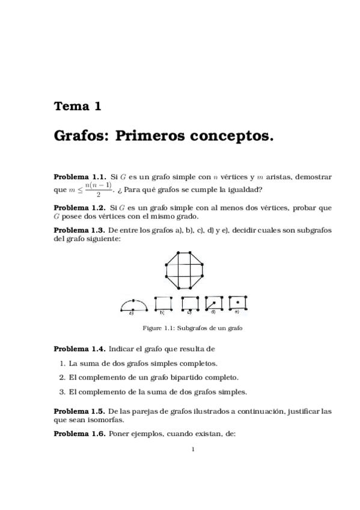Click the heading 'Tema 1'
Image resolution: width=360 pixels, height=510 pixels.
(78, 107)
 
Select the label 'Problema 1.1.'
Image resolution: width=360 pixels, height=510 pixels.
(80, 177)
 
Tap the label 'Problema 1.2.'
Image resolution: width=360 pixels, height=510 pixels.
(80, 208)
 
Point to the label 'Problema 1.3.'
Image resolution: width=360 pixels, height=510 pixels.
(80, 230)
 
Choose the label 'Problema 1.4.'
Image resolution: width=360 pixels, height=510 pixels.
(80, 348)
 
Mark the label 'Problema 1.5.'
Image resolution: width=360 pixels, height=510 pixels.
(80, 412)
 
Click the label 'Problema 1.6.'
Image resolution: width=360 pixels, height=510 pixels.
(80, 434)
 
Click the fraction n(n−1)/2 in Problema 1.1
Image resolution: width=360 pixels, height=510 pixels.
(98, 189)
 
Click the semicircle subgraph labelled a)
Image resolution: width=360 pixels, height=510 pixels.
(132, 306)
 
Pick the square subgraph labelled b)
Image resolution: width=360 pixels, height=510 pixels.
(163, 304)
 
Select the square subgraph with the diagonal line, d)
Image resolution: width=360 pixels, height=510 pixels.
(215, 303)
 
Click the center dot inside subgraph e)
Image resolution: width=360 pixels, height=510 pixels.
(238, 301)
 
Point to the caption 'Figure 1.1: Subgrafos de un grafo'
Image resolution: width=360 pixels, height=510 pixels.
(192, 328)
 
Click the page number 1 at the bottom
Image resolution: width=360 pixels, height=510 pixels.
(192, 448)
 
